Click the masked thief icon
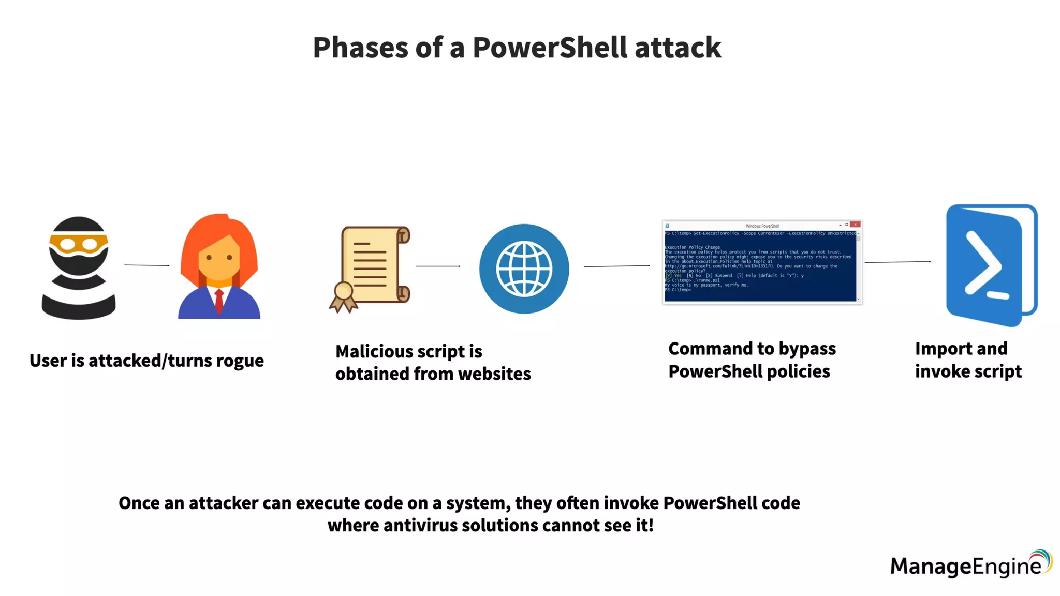click(x=79, y=267)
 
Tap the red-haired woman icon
click(x=219, y=266)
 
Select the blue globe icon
click(x=524, y=269)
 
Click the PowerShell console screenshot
click(x=762, y=263)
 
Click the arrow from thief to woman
click(x=147, y=265)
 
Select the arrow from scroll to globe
click(x=438, y=266)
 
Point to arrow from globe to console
click(x=616, y=266)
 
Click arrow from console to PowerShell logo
click(x=897, y=262)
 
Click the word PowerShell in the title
click(x=549, y=48)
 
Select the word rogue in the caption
click(x=240, y=361)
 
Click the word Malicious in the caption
click(x=374, y=351)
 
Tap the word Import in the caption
click(x=938, y=349)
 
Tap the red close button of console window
click(x=855, y=225)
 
